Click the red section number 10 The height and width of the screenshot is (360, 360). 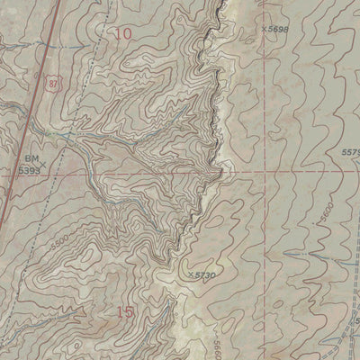pos(123,33)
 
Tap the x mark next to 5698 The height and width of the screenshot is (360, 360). pos(265,28)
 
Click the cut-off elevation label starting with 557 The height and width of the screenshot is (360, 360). pos(350,153)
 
